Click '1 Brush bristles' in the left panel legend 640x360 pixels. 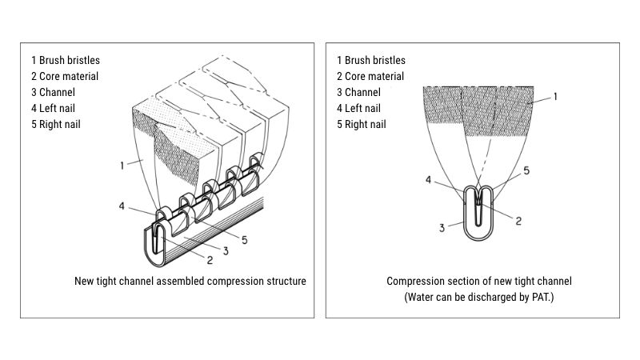pyautogui.click(x=66, y=60)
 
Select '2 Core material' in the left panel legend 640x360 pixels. pyautogui.click(x=65, y=76)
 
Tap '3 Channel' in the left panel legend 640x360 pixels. pyautogui.click(x=54, y=92)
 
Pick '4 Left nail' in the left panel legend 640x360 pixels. pyautogui.click(x=56, y=108)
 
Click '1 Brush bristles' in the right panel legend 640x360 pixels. pyautogui.click(x=370, y=60)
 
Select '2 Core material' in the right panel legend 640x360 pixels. pyautogui.click(x=370, y=76)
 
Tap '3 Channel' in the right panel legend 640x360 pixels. pyautogui.click(x=358, y=92)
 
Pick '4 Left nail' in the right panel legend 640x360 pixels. pyautogui.click(x=361, y=108)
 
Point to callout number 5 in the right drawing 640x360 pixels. pyautogui.click(x=526, y=170)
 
